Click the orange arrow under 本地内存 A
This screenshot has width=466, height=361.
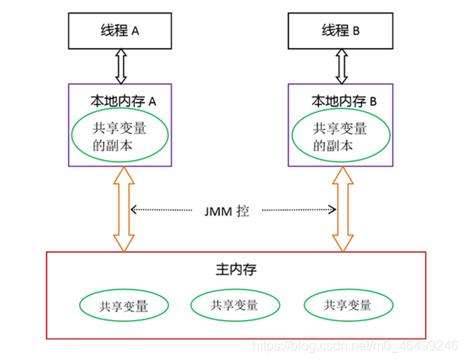[123, 208]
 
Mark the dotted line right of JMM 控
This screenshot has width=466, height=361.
[300, 210]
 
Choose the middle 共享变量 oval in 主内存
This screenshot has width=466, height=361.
[234, 305]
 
